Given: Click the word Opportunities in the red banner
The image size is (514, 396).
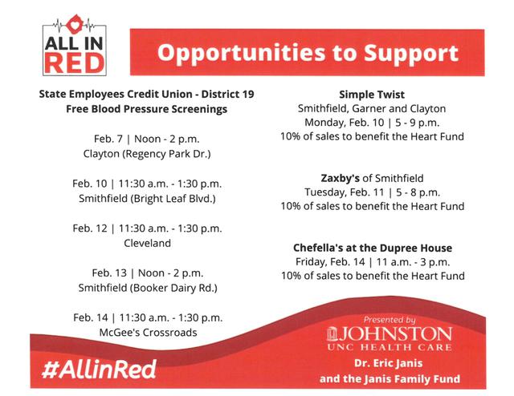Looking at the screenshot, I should (234, 55).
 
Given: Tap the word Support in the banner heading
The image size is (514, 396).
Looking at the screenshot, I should (406, 55).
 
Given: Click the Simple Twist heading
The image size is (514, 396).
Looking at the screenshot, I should (372, 94).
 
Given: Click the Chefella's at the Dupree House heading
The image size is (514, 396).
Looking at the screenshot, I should (372, 248).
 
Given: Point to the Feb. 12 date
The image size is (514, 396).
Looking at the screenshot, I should (89, 228).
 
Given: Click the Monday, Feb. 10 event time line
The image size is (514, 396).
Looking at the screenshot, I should (372, 122).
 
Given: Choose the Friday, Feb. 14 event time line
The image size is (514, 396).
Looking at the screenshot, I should (372, 261).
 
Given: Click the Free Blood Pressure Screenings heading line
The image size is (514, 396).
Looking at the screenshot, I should (147, 108).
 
